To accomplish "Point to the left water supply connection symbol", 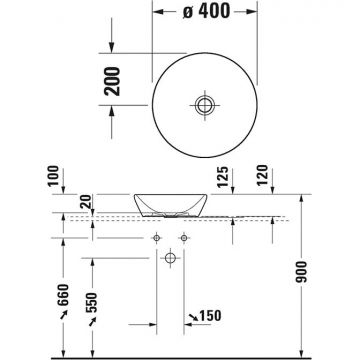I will (x=157, y=238).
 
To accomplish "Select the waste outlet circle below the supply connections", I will (x=170, y=259).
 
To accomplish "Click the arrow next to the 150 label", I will (x=190, y=317).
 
